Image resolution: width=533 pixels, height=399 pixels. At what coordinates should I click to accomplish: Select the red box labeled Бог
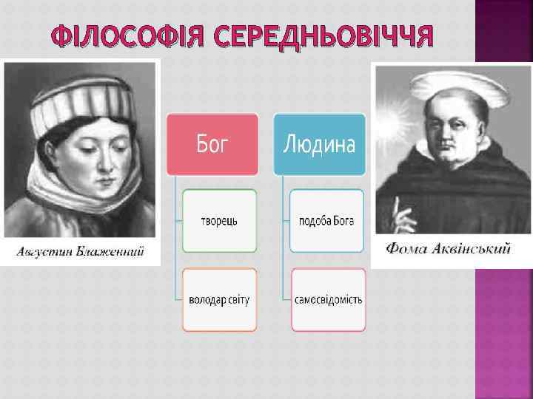212,144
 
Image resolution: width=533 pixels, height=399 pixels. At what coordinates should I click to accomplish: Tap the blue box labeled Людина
320,144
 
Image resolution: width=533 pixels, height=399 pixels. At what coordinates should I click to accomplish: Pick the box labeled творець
219,221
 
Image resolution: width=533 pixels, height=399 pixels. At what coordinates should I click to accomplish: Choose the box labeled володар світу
219,300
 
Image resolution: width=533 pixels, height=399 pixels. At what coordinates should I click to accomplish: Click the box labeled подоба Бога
326,221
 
